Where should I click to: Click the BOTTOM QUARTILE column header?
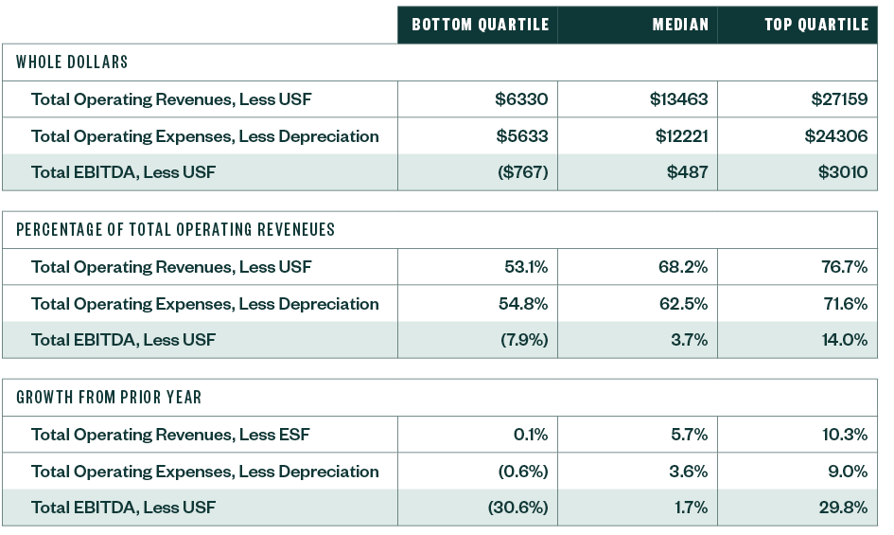480,26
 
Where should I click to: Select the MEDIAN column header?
679,26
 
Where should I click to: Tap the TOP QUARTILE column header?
815,26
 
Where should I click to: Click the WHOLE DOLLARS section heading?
72,62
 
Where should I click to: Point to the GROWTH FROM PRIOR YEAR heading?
109,398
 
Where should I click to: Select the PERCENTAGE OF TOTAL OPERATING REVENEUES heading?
175,230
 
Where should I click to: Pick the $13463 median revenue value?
678,99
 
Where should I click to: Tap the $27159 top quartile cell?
838,99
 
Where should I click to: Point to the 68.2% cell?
682,267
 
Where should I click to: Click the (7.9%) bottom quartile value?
524,340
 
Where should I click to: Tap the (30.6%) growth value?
517,508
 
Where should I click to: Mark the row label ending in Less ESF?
170,435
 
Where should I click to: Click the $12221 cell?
681,136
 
